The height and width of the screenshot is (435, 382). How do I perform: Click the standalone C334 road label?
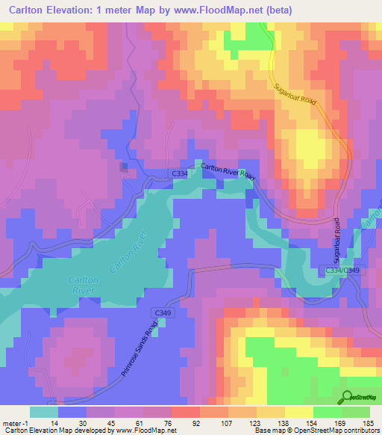tap(180, 173)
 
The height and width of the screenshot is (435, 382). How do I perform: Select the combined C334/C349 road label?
tap(343, 269)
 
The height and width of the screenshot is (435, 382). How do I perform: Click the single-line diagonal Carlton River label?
tap(125, 253)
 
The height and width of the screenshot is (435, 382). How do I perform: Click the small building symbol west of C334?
tap(124, 167)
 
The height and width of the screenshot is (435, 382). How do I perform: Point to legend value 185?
tap(369, 423)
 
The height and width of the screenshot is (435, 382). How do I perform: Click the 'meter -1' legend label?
tap(16, 423)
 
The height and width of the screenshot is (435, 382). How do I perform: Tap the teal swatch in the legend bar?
tap(44, 412)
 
